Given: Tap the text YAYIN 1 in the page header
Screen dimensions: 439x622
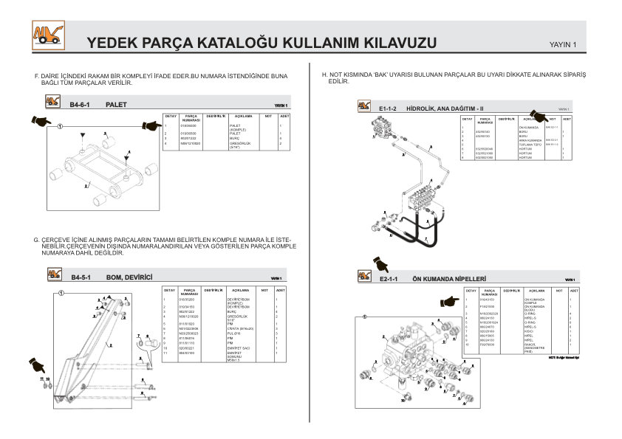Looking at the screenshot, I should [x=564, y=46].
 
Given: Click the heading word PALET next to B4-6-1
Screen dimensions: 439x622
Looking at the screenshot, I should [x=116, y=105].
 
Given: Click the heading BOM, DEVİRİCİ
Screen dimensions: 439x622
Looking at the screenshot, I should [x=129, y=277].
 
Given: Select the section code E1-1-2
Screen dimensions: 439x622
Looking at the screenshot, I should [x=388, y=108].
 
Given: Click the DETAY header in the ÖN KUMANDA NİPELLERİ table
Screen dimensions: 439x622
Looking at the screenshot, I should [x=471, y=291].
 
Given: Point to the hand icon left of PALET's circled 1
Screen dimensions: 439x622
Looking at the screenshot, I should [x=42, y=120].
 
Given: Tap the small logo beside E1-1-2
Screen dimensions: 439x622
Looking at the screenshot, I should [x=363, y=108].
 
